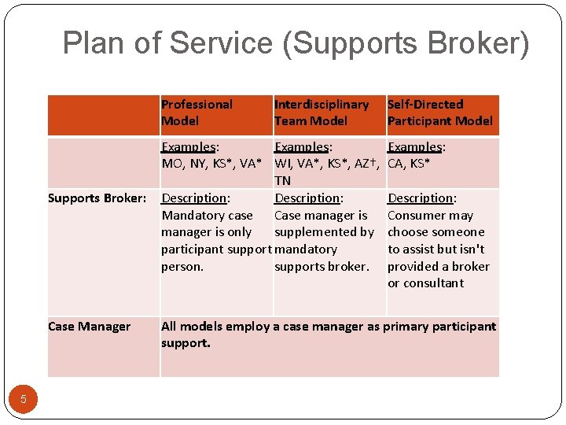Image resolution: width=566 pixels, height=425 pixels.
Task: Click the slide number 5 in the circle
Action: pos(24,399)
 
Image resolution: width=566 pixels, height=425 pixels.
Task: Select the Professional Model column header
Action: pos(197,113)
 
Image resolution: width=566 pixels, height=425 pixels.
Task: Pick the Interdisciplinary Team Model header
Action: pos(321,113)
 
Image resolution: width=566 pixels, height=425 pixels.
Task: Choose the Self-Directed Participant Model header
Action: pos(439,113)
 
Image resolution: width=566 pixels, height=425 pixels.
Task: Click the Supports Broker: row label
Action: pos(97,198)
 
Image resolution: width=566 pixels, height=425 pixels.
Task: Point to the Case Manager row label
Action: pos(89,326)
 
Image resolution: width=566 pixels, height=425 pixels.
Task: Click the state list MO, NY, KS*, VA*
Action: pos(211,164)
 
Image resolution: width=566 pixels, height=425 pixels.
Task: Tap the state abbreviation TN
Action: pos(283,181)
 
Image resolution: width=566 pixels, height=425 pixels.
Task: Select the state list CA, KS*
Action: pos(409,164)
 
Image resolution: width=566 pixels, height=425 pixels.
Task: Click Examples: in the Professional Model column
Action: pos(189,147)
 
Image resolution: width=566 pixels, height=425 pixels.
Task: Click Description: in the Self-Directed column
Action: pos(421,198)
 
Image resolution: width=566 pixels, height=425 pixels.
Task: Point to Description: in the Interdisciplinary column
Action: pos(308,198)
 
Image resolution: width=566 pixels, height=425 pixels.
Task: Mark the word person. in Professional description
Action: pos(182,266)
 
